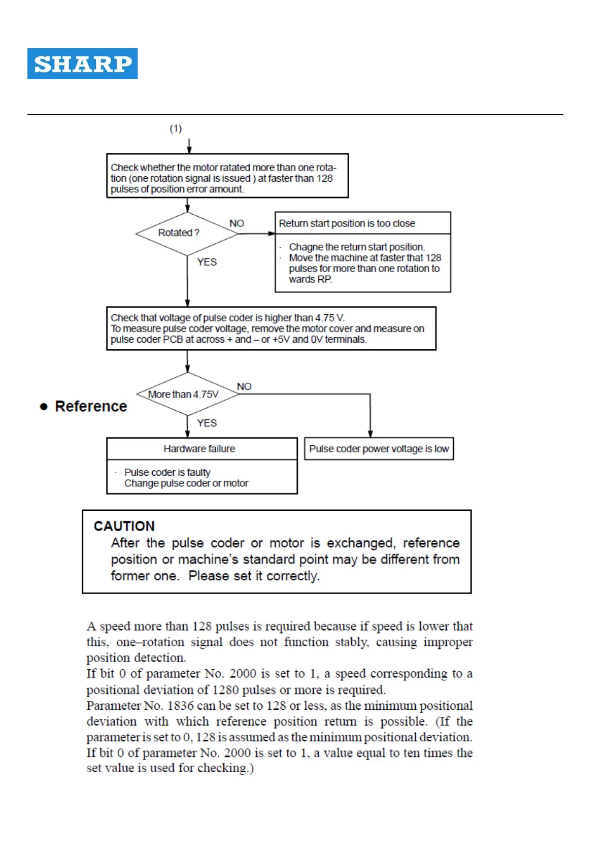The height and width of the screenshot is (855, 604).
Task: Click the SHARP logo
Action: tap(82, 64)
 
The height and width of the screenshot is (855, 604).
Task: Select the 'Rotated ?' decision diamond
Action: tap(187, 234)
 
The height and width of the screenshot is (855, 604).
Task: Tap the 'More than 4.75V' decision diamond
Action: tap(187, 394)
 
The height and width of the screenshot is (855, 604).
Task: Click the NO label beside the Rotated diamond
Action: tap(237, 223)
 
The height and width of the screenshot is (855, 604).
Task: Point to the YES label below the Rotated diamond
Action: tap(207, 262)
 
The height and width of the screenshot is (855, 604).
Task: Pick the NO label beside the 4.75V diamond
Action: tap(244, 386)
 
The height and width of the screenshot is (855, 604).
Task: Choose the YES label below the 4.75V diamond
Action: tap(207, 423)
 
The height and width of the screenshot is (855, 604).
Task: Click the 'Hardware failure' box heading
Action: tap(199, 449)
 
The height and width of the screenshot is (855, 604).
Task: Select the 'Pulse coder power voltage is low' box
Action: tap(379, 449)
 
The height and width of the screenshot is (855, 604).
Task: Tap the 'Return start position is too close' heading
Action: tap(347, 223)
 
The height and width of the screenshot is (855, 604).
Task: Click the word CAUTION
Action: tap(124, 526)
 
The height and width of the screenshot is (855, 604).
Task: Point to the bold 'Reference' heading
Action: tap(91, 406)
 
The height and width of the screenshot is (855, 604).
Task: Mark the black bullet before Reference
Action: tap(44, 407)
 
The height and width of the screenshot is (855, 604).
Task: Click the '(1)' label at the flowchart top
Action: tap(176, 128)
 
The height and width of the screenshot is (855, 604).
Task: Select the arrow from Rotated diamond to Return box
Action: tap(256, 234)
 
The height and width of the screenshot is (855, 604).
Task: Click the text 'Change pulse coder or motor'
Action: tap(186, 483)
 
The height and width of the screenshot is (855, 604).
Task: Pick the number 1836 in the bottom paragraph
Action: tap(181, 706)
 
